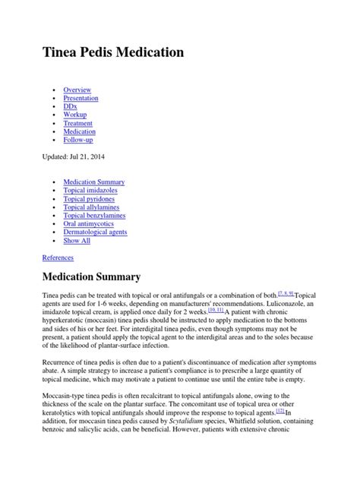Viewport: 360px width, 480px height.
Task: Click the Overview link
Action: coord(77,90)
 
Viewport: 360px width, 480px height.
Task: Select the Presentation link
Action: coord(81,98)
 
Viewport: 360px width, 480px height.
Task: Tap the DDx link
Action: coord(71,106)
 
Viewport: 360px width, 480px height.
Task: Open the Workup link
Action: coord(75,115)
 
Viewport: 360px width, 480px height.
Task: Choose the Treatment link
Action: coord(78,123)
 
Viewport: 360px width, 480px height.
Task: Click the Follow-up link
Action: coord(79,140)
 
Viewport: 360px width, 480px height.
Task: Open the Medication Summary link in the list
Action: coord(94,182)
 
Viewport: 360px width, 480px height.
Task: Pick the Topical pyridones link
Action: coord(90,199)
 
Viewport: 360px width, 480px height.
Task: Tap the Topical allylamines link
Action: coord(92,207)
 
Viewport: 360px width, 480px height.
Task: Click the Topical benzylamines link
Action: coord(94,216)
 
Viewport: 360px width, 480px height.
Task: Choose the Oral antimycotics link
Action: coord(89,224)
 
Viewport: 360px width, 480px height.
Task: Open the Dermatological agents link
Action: coord(95,232)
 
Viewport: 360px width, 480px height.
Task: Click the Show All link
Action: coord(77,241)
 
